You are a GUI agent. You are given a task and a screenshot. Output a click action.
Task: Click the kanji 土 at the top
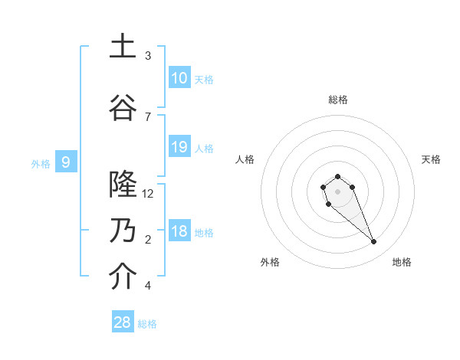(123, 46)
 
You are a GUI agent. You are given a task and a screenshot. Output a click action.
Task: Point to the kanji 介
(123, 277)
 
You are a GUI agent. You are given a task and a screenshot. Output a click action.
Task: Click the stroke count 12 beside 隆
(148, 194)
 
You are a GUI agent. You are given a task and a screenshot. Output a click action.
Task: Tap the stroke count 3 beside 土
(148, 56)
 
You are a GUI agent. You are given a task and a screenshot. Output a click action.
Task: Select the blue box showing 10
(179, 78)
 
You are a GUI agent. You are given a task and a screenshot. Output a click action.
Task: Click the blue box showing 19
(179, 147)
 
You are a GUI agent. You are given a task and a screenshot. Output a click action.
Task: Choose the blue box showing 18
(179, 231)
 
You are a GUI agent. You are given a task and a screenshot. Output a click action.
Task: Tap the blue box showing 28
(123, 322)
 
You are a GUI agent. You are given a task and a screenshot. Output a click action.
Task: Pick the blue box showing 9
(66, 162)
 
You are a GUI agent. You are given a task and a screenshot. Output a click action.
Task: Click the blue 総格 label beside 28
(147, 324)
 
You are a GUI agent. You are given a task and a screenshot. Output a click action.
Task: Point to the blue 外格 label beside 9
(41, 163)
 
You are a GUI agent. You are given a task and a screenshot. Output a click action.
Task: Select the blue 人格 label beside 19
(204, 148)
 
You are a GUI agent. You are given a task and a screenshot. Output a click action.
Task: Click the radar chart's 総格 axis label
(337, 100)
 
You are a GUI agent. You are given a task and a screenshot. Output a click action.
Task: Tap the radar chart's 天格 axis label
(431, 159)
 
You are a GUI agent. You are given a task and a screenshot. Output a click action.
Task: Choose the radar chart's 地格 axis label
(402, 262)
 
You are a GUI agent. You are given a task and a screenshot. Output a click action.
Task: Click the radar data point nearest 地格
(373, 242)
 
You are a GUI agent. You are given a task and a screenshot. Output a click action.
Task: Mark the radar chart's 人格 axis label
(245, 159)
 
